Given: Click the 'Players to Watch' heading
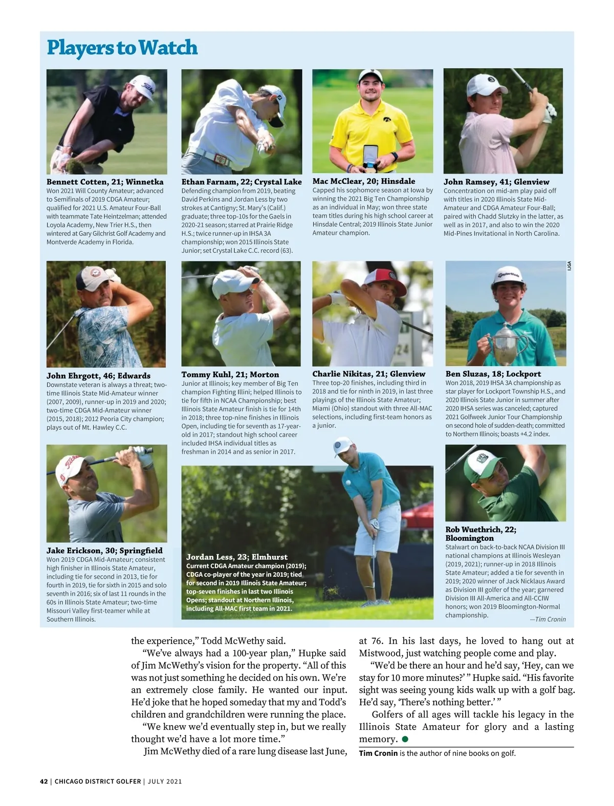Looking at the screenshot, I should click(x=122, y=48).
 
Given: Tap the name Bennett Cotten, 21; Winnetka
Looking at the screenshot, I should click(x=105, y=182).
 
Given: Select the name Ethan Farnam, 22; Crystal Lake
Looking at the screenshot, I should click(x=242, y=182).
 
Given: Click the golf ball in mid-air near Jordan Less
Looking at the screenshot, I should click(x=348, y=483).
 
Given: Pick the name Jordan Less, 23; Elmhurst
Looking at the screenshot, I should click(x=236, y=557).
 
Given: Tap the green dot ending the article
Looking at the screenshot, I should click(x=405, y=739).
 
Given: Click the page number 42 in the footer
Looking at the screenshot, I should click(x=43, y=781).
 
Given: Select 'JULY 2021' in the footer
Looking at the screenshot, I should click(x=165, y=781).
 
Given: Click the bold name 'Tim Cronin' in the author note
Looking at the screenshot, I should click(x=378, y=753).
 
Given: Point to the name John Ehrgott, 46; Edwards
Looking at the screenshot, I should click(x=98, y=376).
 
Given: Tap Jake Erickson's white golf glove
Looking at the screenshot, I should click(x=143, y=455).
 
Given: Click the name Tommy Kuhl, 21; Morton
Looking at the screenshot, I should click(x=230, y=375).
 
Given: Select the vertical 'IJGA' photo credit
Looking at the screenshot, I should click(x=569, y=266).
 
